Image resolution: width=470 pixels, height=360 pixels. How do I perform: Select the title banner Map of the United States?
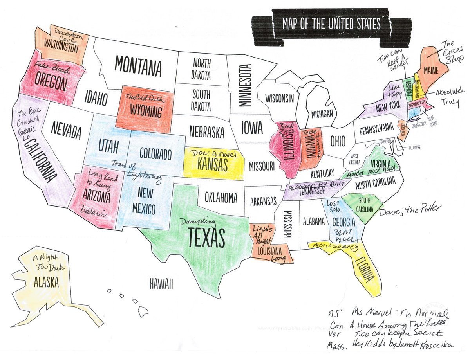[331, 25]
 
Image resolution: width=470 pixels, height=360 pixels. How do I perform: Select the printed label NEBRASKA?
[207, 131]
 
